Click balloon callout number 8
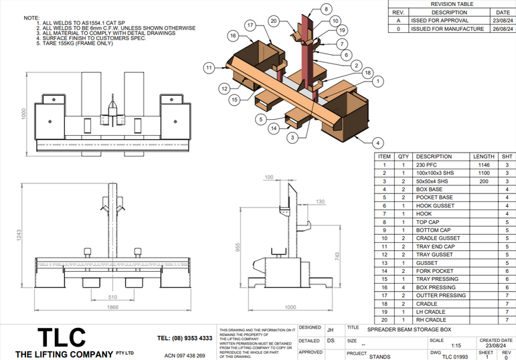coord(326,9)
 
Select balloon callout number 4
coord(378,143)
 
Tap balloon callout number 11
coord(209,68)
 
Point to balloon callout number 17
coord(250,25)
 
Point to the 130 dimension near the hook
coord(321,201)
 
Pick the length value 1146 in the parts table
coord(484,165)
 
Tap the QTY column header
coord(403,157)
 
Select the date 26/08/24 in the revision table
coord(502,29)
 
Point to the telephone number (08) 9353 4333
coord(185,338)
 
